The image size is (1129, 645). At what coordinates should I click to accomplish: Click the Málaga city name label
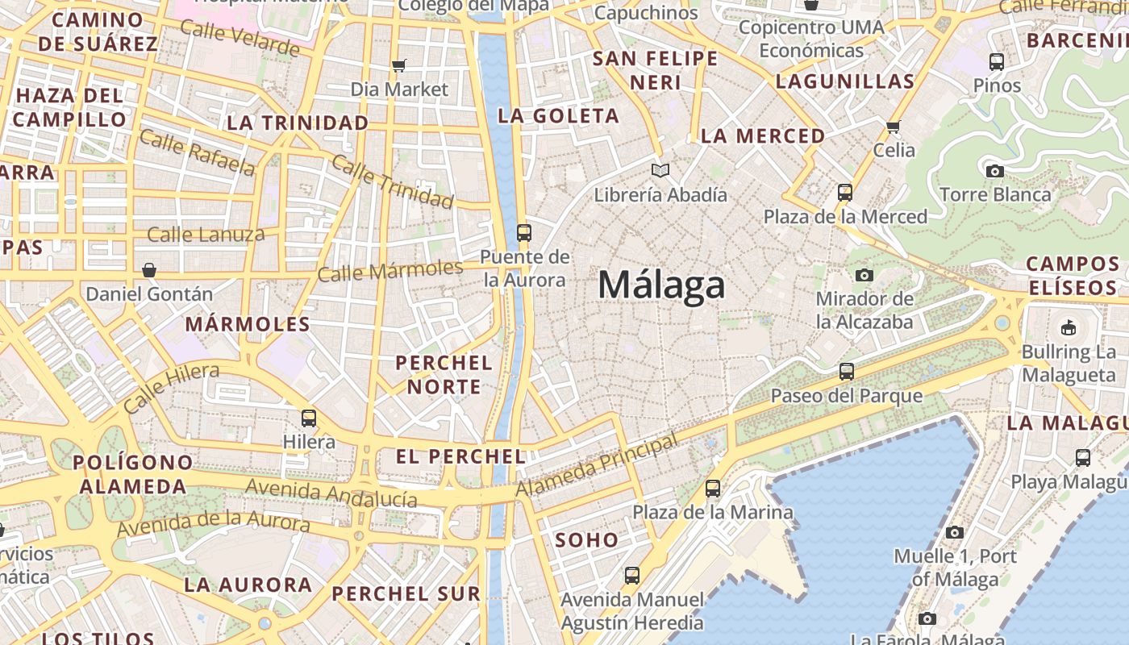661,286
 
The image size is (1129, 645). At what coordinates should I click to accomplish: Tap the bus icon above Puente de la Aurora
524,233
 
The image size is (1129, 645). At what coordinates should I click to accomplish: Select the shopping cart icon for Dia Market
398,65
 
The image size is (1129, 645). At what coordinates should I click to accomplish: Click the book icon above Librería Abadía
660,170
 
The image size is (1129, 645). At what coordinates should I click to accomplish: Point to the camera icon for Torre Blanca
995,171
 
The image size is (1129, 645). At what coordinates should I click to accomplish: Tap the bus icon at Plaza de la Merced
845,193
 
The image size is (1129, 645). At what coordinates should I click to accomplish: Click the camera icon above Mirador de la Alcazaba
864,275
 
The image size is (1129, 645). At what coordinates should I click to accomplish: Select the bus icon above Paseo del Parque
847,372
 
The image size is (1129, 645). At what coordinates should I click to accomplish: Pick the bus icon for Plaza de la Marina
713,489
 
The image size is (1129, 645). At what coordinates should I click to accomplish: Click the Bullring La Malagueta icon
1069,327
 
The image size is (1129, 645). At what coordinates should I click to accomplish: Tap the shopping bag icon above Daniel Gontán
149,270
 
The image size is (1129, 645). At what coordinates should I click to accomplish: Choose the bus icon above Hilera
309,418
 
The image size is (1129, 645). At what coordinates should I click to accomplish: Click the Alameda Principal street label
597,468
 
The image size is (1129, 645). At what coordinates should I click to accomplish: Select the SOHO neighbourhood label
587,540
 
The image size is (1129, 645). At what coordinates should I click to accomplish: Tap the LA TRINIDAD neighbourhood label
298,123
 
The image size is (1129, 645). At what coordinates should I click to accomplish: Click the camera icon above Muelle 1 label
955,532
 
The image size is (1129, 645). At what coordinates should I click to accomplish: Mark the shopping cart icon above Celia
894,127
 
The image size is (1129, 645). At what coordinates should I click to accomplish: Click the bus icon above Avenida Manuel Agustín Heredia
632,576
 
